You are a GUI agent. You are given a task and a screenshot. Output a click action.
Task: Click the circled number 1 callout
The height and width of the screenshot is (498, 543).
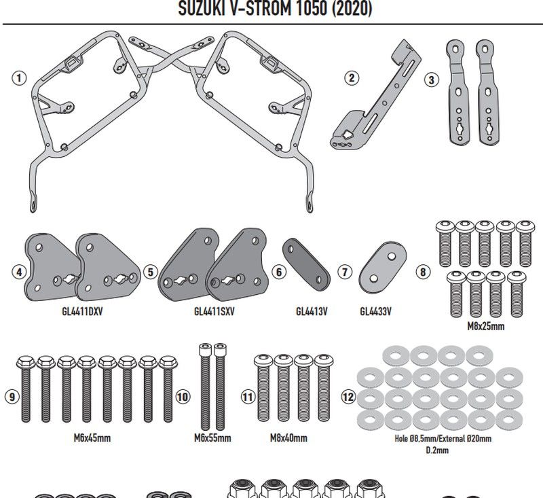pyautogui.click(x=19, y=78)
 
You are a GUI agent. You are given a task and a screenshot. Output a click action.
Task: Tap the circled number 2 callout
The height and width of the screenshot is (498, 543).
pyautogui.click(x=351, y=78)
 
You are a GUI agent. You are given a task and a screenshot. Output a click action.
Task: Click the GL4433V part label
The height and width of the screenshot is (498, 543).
pyautogui.click(x=375, y=312)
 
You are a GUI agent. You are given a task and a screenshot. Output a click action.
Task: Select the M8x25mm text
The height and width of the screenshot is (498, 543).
pyautogui.click(x=486, y=327)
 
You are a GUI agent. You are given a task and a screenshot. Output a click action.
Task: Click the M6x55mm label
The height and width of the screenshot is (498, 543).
pyautogui.click(x=212, y=438)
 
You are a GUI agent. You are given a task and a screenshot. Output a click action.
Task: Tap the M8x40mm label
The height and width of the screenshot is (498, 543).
pyautogui.click(x=288, y=438)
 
